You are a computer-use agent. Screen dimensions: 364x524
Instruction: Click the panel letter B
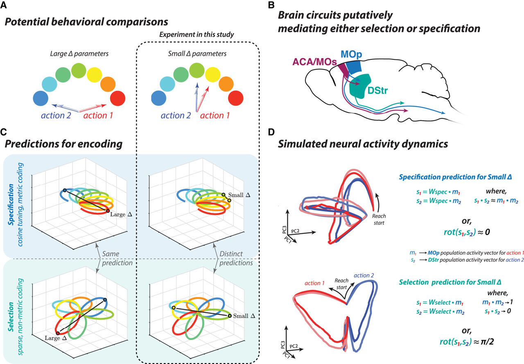click(270, 5)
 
